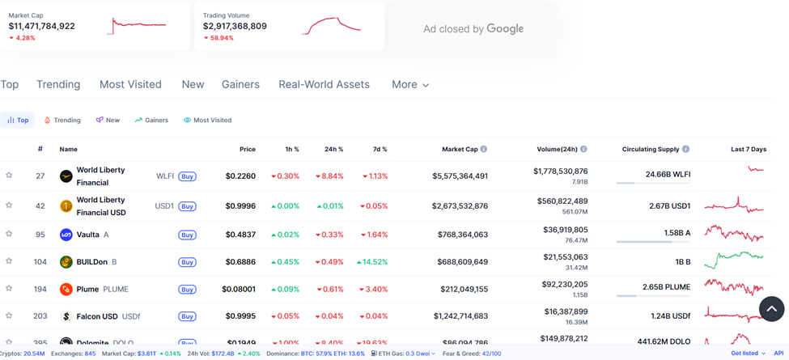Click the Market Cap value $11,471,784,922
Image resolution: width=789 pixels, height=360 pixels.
[42, 26]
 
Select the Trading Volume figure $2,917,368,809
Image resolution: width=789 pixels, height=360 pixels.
[235, 26]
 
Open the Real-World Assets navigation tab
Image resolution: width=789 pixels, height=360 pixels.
[324, 84]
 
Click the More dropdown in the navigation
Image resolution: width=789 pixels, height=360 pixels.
[409, 84]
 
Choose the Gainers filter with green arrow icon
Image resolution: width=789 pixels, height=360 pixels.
[151, 120]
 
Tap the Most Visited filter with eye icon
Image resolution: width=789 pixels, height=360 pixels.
[207, 120]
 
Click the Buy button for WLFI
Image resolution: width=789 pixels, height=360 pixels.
[187, 176]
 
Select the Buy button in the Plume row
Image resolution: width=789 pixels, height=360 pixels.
[187, 289]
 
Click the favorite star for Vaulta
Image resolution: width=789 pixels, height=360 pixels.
[9, 234]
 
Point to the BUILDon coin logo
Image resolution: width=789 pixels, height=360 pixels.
[66, 262]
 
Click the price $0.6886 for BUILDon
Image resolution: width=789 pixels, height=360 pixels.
[240, 262]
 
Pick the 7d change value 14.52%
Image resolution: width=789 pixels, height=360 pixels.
[371, 262]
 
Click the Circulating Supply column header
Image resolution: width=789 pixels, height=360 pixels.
[655, 149]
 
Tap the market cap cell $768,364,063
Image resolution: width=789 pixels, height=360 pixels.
[460, 235]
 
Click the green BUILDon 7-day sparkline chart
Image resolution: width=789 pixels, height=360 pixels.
[733, 260]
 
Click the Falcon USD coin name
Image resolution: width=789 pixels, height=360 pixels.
[97, 316]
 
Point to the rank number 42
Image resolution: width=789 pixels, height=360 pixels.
[40, 205]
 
